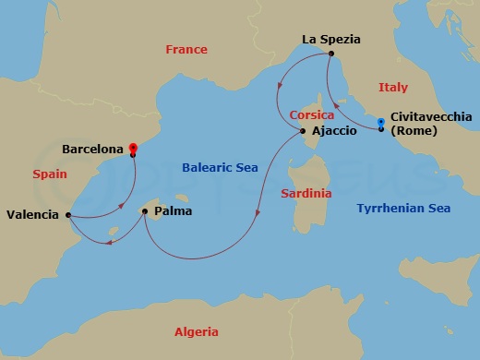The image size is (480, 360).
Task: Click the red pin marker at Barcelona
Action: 133,147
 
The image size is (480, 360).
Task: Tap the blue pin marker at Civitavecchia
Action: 381,122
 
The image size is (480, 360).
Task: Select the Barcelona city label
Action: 92,148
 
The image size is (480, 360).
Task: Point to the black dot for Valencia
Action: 67,214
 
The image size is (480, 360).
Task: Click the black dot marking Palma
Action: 145,211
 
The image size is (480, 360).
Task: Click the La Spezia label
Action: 331,40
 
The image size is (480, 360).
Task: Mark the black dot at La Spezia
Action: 329,54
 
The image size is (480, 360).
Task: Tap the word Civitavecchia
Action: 431,117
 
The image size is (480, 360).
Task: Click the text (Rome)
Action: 415,130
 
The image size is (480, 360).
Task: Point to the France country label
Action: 186,50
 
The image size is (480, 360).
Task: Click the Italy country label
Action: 392,87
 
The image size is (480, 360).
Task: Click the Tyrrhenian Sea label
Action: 403,209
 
